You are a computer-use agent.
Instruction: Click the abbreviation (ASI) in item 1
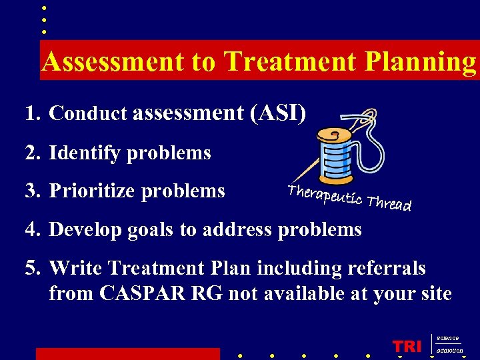tap(278, 114)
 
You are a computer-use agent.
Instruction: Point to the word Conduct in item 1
tap(87, 114)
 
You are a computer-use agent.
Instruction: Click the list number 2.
tap(32, 153)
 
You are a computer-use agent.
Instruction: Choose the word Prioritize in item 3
tap(92, 191)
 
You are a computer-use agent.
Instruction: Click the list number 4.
tap(32, 230)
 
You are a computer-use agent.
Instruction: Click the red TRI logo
tap(407, 347)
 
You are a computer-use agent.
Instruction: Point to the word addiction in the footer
tap(450, 351)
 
